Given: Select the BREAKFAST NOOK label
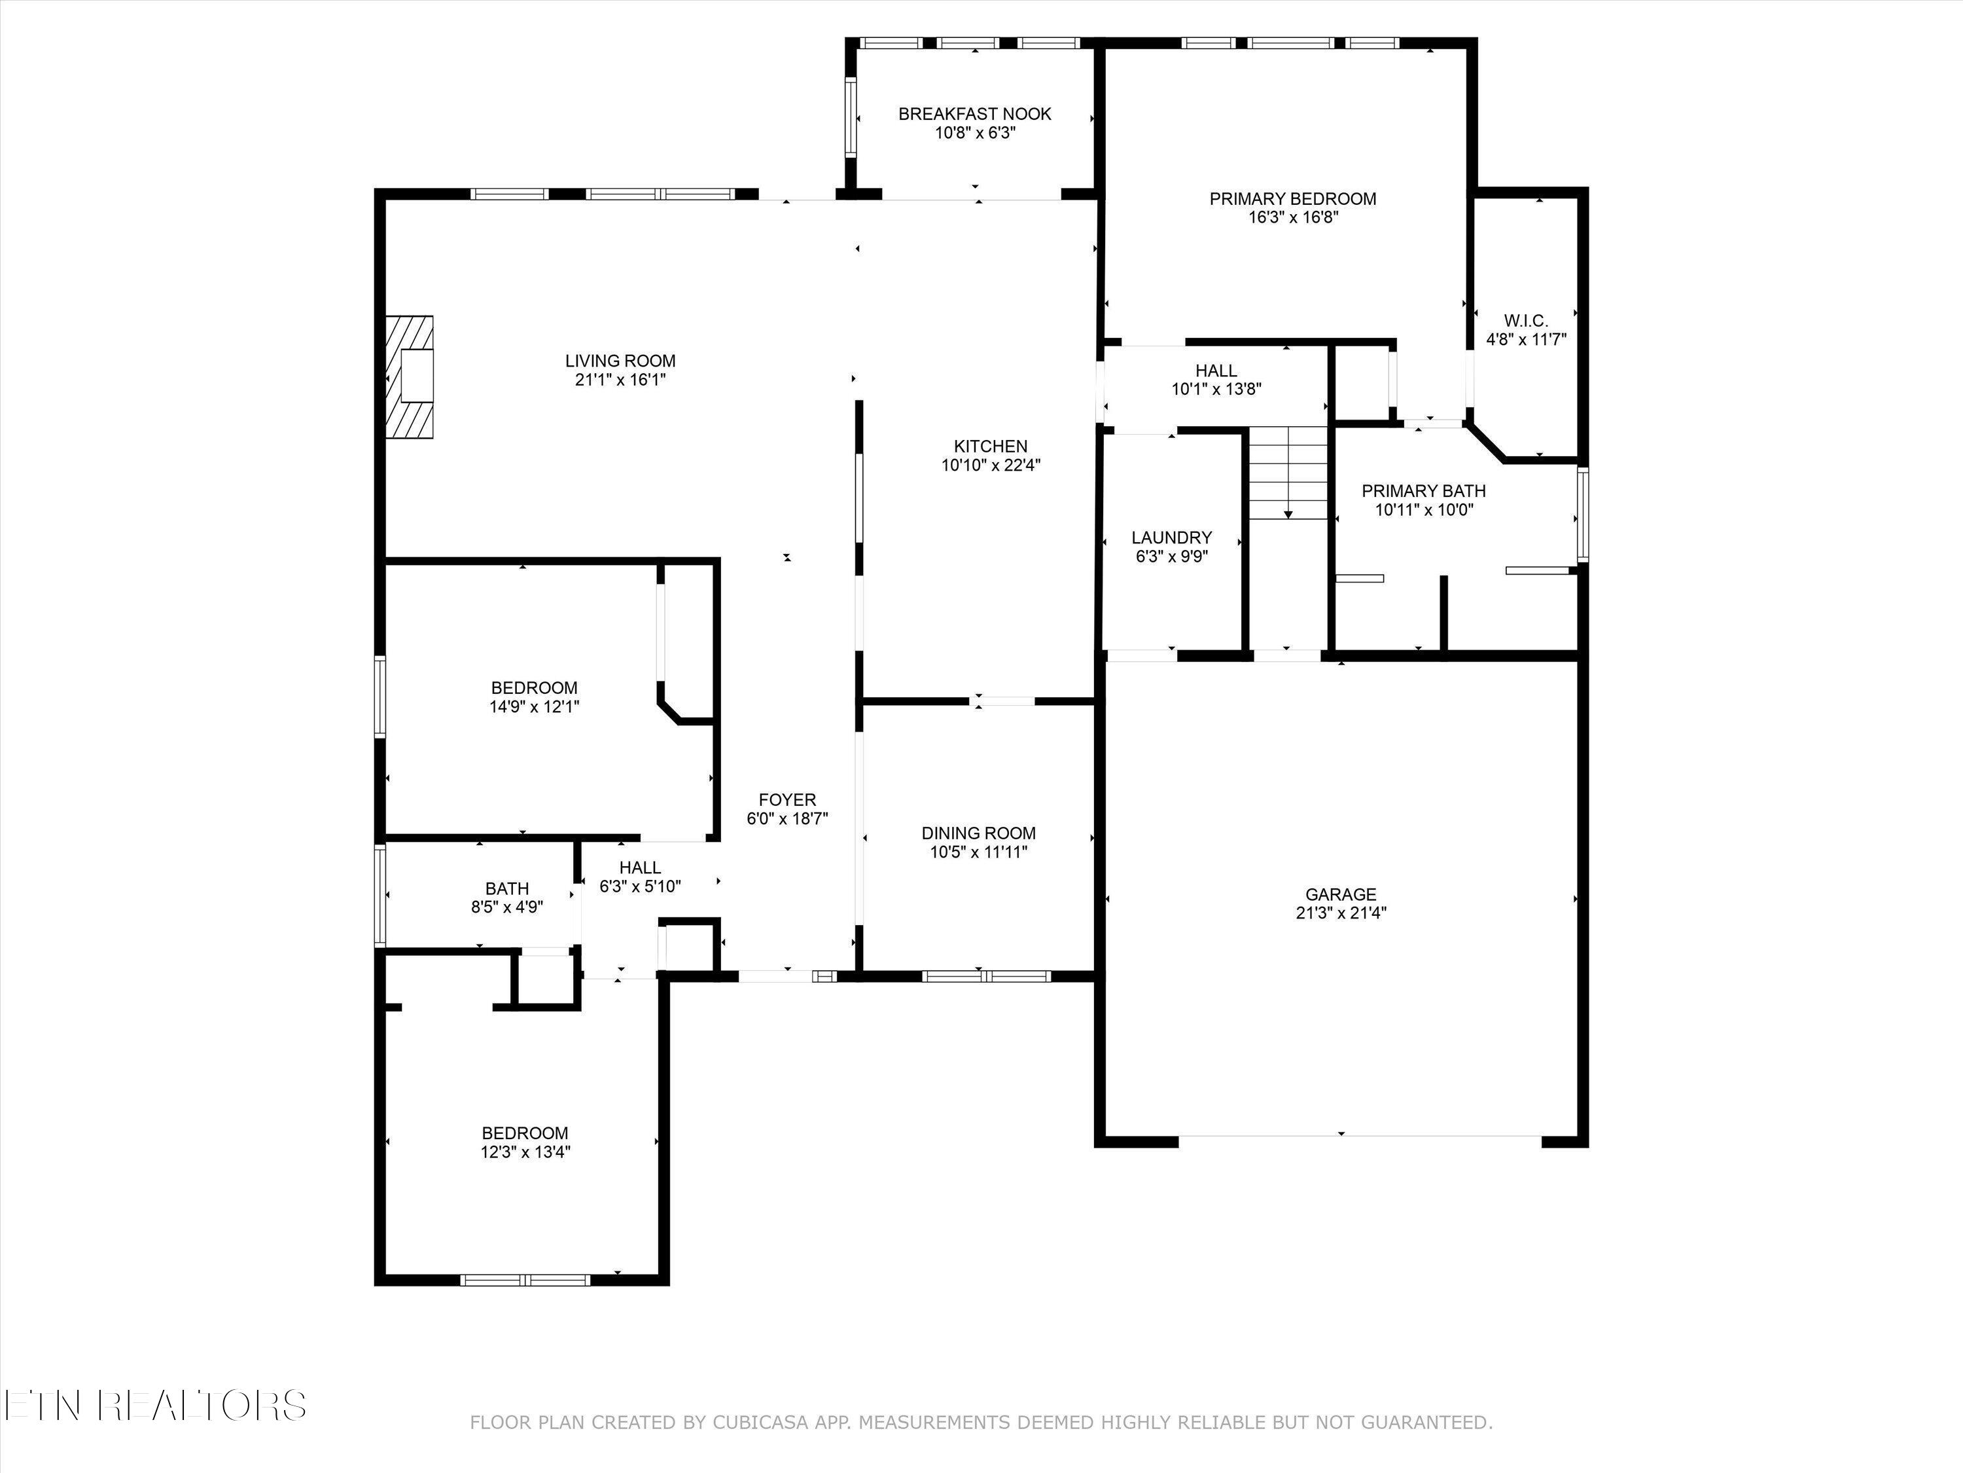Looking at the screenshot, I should pos(974,114).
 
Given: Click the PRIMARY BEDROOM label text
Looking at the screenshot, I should pos(1292,199).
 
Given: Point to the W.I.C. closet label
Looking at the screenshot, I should pos(1525,321).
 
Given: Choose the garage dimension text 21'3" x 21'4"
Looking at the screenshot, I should pos(1340,912).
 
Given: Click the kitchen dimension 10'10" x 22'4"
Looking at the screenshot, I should pos(991,464).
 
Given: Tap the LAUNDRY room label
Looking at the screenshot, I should pos(1171,537).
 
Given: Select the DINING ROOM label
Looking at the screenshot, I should pos(978,833).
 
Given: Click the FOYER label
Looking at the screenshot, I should pos(787,799).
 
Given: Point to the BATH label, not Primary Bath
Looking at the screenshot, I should pos(506,888).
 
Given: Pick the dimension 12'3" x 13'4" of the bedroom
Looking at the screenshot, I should pos(525,1152).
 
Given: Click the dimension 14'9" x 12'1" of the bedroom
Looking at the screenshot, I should pos(533,707).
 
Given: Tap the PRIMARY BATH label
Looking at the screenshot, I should pos(1423,491).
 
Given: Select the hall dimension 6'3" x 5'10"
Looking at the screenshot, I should pos(640,886).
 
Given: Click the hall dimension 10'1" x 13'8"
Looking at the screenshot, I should pos(1216,388).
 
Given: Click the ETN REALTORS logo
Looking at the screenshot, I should pos(155,1406).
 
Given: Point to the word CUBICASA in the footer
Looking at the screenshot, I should pos(760,1423).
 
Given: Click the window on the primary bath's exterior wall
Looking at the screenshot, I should pos(1582,515).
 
